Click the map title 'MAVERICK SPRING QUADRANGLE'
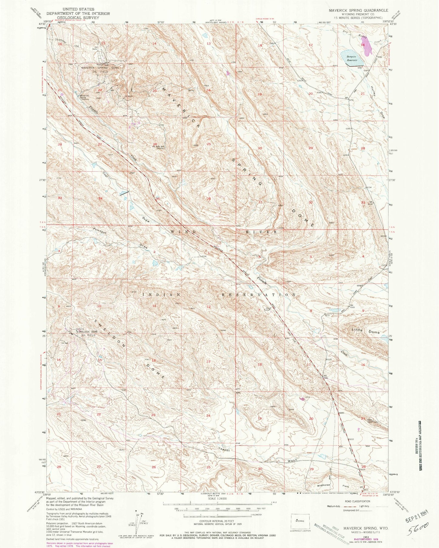[x=358, y=10]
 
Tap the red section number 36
[x=209, y=198]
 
